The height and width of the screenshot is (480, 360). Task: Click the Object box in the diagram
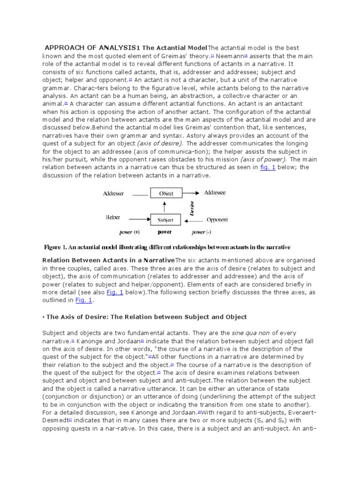(166, 193)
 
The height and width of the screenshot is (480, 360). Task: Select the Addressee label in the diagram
(214, 193)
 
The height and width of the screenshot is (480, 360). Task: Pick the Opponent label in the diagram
(217, 219)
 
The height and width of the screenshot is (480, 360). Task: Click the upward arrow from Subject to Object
(164, 206)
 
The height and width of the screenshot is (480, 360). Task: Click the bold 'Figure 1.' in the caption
(58, 247)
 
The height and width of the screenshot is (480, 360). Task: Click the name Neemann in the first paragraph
(230, 56)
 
